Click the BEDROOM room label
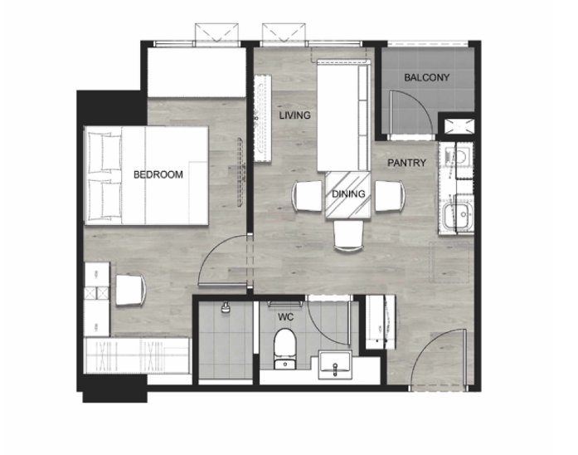coord(158,174)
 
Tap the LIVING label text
coord(294,115)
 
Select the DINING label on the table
coord(348,193)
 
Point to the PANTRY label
coord(406,163)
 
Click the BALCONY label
coord(427,77)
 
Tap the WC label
coord(285,317)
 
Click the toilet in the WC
coord(285,349)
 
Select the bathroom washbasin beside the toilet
coord(335,365)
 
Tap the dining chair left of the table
coord(308,196)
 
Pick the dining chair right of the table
coord(390,196)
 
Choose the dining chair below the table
coord(348,236)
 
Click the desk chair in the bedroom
coord(131,290)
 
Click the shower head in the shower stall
coord(226,307)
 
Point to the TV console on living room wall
coord(263,118)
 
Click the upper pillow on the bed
coord(104,153)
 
